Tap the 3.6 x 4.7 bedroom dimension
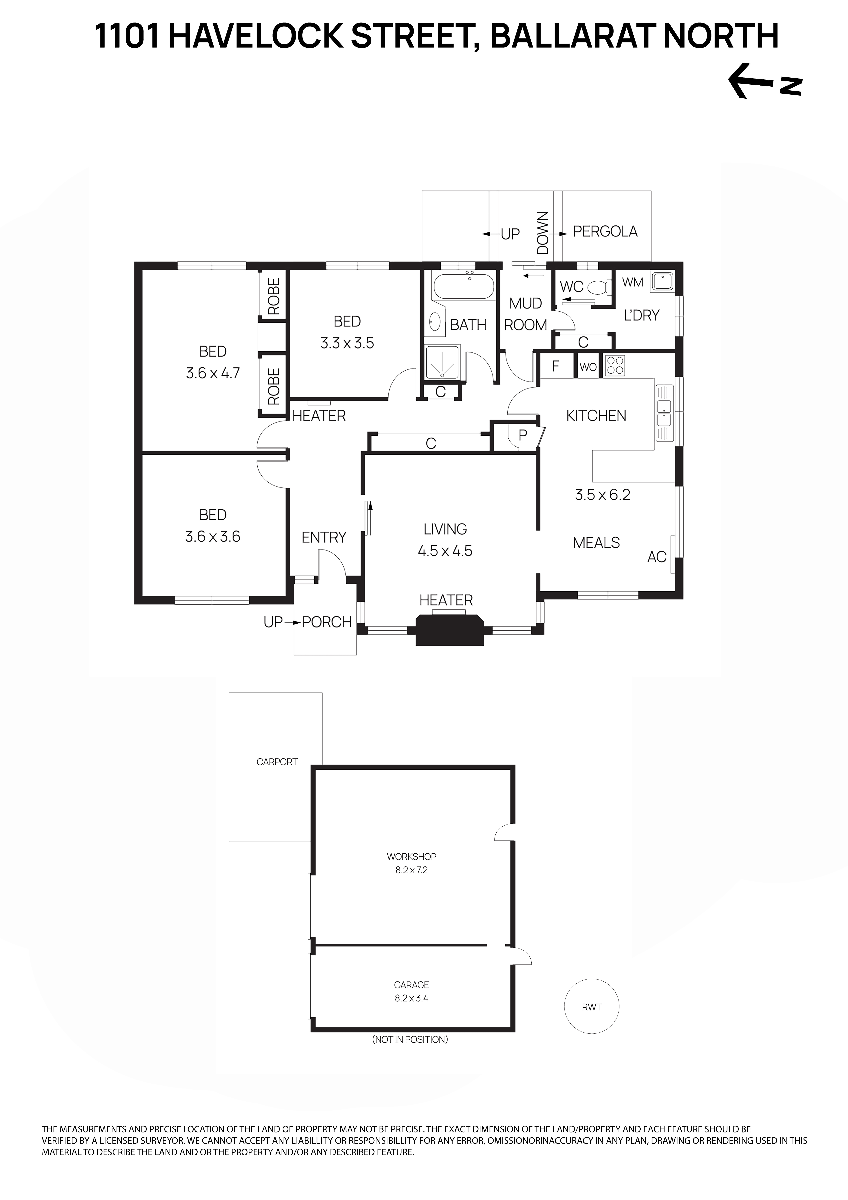click(213, 373)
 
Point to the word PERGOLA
click(605, 232)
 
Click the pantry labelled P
click(522, 435)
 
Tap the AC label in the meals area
click(657, 557)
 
